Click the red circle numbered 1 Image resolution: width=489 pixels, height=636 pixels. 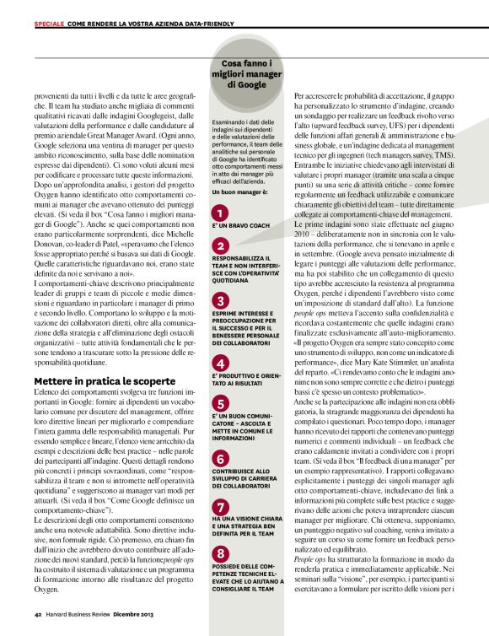pyautogui.click(x=219, y=213)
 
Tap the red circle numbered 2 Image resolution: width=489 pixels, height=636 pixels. pyautogui.click(x=219, y=245)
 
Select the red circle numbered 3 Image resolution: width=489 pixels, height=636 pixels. pyautogui.click(x=219, y=301)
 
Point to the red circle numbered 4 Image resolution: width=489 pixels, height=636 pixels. pyautogui.click(x=219, y=363)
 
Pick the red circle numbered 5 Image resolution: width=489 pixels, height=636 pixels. pyautogui.click(x=219, y=404)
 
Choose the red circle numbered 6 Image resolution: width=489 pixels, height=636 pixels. pyautogui.click(x=219, y=458)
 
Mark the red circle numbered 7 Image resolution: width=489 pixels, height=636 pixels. pyautogui.click(x=219, y=507)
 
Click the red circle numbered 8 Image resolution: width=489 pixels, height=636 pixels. pyautogui.click(x=219, y=554)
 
